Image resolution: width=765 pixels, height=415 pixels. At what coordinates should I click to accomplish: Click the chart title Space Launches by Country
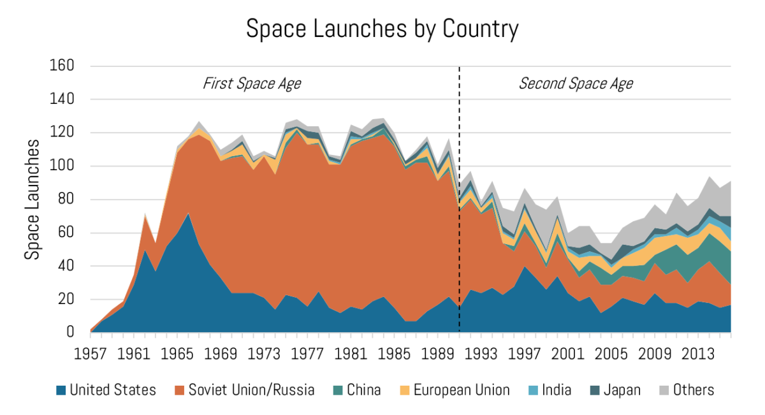pyautogui.click(x=382, y=29)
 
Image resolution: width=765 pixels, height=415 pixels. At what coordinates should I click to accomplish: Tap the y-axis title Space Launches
pyautogui.click(x=31, y=199)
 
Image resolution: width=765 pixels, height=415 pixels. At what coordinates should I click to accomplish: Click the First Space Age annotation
pyautogui.click(x=252, y=84)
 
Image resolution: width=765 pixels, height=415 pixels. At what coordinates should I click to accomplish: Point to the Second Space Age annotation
pyautogui.click(x=576, y=84)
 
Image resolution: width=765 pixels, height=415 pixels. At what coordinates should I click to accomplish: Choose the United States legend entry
pyautogui.click(x=106, y=390)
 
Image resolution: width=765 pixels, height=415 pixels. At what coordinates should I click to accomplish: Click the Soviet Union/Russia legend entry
pyautogui.click(x=245, y=390)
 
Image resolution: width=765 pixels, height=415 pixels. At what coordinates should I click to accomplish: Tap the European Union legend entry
pyautogui.click(x=455, y=390)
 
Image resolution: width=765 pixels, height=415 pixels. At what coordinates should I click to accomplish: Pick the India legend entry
pyautogui.click(x=550, y=390)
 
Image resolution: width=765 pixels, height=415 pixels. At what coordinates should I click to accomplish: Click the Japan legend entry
pyautogui.click(x=615, y=390)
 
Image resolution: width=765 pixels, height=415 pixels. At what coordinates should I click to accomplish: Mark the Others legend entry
pyautogui.click(x=686, y=390)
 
